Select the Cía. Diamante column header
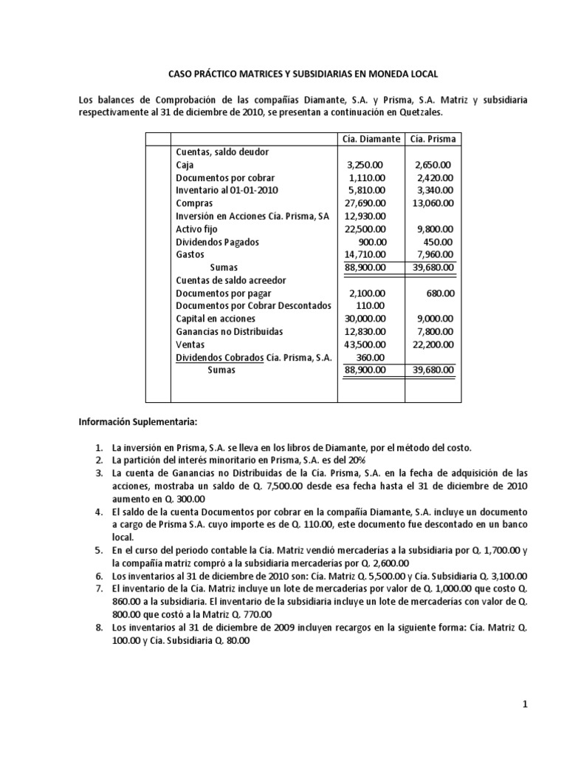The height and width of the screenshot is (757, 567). pos(371,139)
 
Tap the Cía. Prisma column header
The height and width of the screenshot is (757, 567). pos(433,139)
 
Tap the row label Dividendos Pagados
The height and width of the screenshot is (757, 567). pos(218,241)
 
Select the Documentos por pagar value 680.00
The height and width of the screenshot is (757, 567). pos(441,293)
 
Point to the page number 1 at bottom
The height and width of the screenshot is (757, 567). pos(525,705)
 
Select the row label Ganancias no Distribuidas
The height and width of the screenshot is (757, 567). pos(230,332)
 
